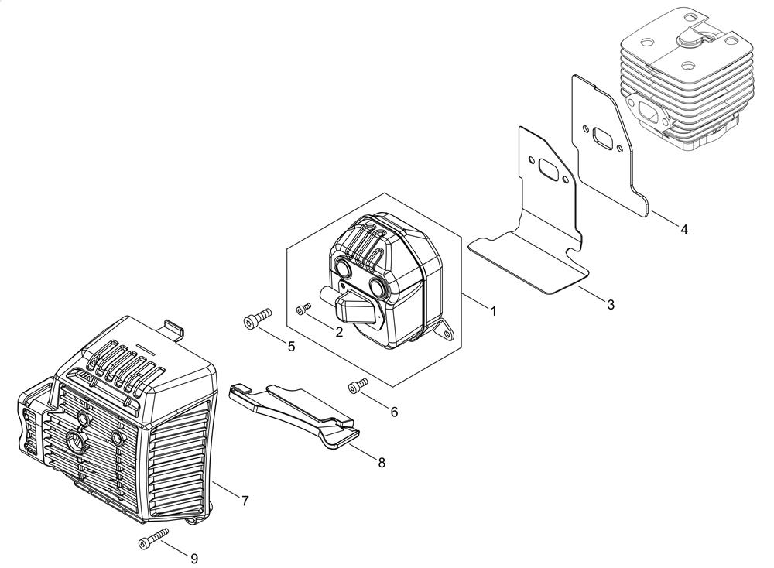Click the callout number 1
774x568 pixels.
[x=492, y=311]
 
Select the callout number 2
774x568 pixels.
[x=339, y=332]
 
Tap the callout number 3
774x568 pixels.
[x=611, y=304]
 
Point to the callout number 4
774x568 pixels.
[x=683, y=229]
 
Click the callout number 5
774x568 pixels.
[x=291, y=347]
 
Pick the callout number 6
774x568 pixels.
[x=394, y=412]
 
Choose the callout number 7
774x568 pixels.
[x=245, y=501]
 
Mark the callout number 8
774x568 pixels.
[x=382, y=463]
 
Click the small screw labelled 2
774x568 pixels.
[x=303, y=309]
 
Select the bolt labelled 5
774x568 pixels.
[x=258, y=317]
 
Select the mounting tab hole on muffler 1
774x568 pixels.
[x=447, y=334]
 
